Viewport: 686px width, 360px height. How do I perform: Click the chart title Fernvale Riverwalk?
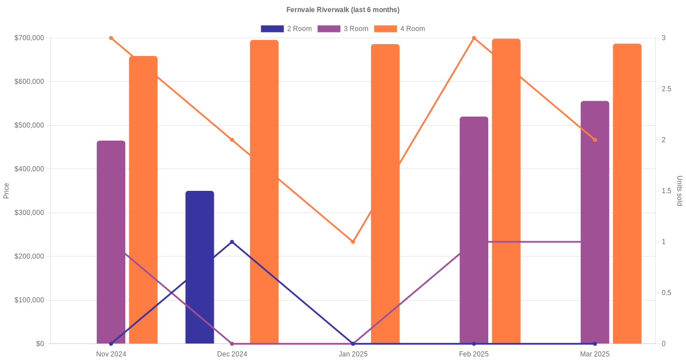[342, 10]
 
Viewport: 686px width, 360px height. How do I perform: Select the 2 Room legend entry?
[286, 29]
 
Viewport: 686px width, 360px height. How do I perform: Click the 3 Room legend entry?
[342, 29]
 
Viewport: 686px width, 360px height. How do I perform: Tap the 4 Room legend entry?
[399, 29]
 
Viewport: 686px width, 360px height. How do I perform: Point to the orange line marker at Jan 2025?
[353, 242]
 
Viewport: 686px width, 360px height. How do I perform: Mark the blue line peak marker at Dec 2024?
[232, 242]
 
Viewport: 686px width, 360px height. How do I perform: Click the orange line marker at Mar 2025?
[595, 140]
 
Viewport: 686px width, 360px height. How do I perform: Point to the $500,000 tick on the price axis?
[29, 125]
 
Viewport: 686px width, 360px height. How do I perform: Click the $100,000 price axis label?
[29, 300]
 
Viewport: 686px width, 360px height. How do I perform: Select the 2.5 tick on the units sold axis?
[667, 89]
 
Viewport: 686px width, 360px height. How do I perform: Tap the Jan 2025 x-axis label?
[353, 354]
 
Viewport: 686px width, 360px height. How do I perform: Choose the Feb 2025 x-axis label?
[474, 354]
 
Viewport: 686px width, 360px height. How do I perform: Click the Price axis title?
[6, 191]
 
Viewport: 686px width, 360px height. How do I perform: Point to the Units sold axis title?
[680, 191]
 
